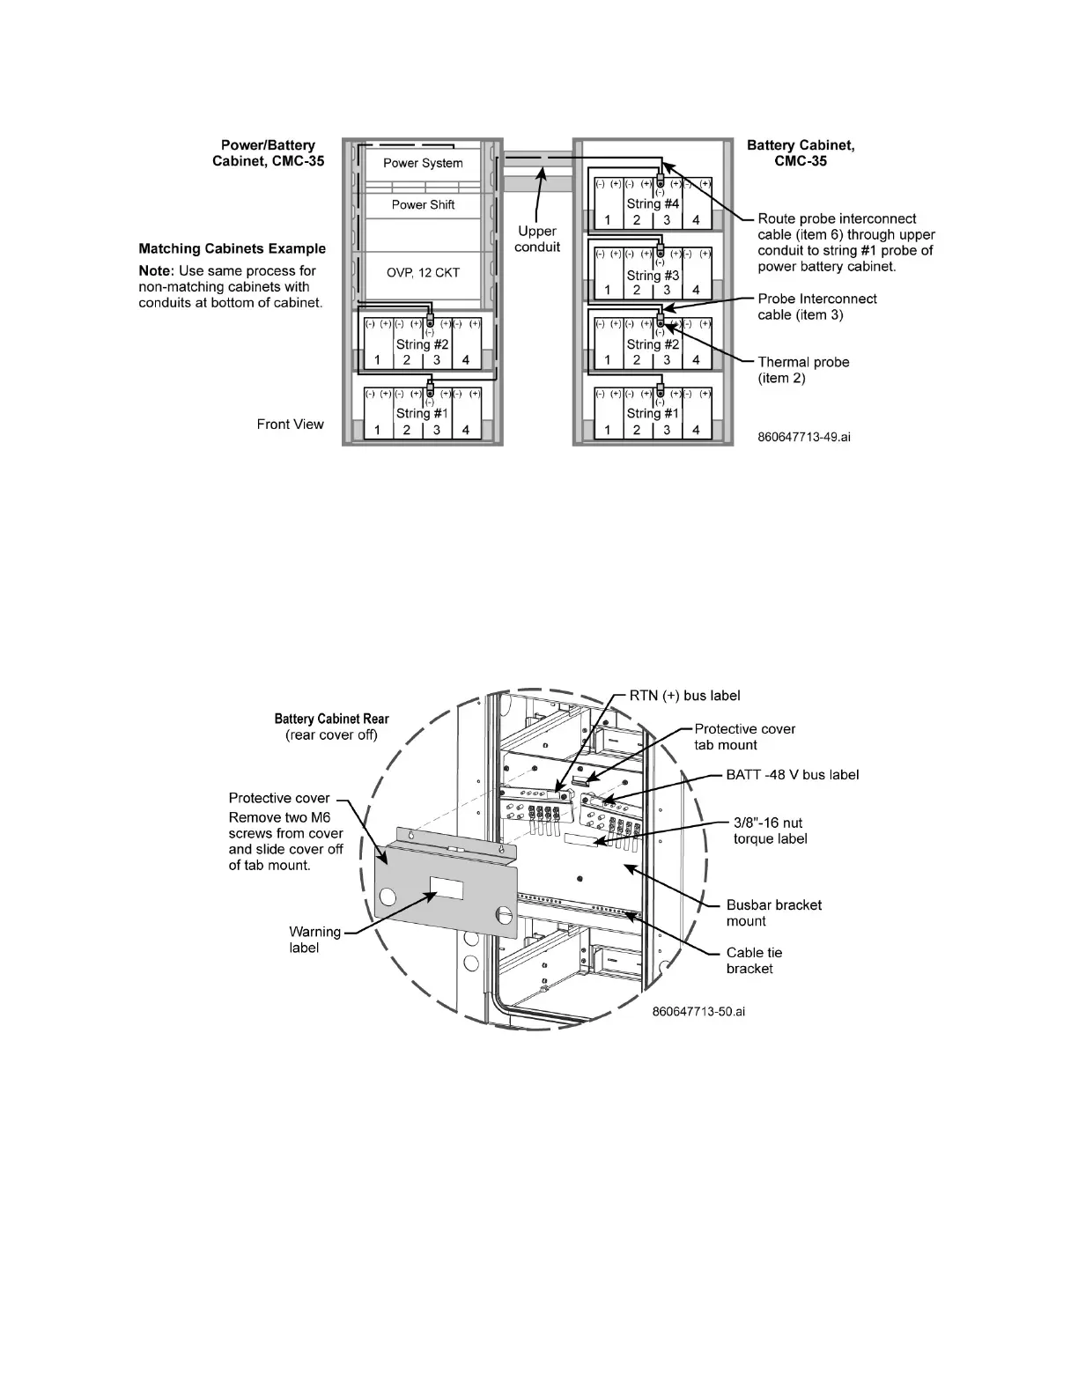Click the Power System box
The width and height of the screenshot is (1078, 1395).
423,163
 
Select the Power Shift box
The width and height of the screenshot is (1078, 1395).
423,204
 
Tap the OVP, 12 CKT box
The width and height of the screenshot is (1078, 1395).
423,272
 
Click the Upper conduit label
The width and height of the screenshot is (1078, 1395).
537,239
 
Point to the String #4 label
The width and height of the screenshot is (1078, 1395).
653,203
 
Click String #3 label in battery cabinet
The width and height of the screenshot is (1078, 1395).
653,276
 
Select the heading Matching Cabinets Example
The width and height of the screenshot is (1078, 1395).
233,248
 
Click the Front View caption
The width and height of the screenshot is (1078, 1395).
291,424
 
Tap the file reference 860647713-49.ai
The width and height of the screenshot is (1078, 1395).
804,436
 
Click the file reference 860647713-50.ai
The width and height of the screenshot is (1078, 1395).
698,1011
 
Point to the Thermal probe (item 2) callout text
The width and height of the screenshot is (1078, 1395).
803,370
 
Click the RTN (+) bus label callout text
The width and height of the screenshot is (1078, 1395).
684,696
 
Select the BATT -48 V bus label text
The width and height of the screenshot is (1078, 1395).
792,775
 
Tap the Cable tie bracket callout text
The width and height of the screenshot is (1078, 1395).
754,960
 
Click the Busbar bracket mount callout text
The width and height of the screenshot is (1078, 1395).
773,912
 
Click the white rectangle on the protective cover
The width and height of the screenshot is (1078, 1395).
447,888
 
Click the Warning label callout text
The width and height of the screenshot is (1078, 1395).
314,940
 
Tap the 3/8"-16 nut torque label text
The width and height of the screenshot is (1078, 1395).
770,830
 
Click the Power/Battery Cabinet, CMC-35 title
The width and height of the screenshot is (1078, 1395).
268,153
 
